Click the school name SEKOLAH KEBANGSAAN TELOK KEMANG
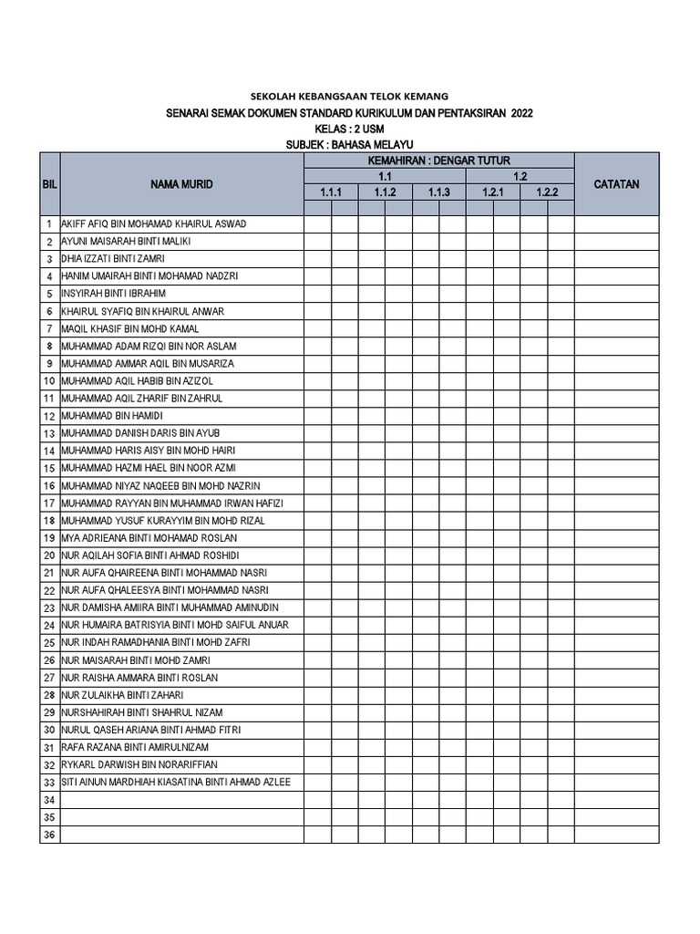349,96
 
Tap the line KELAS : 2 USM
350,129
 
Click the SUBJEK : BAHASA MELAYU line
350,145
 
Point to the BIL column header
49,184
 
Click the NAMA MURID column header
182,184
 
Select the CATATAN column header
616,184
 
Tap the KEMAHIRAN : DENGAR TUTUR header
438,161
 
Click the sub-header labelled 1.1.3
439,192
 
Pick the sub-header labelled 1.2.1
493,192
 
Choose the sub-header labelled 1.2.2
547,192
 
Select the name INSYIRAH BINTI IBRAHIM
113,294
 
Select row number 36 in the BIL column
49,835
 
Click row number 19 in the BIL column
49,538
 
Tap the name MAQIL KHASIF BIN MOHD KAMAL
129,328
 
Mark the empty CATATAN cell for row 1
616,223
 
